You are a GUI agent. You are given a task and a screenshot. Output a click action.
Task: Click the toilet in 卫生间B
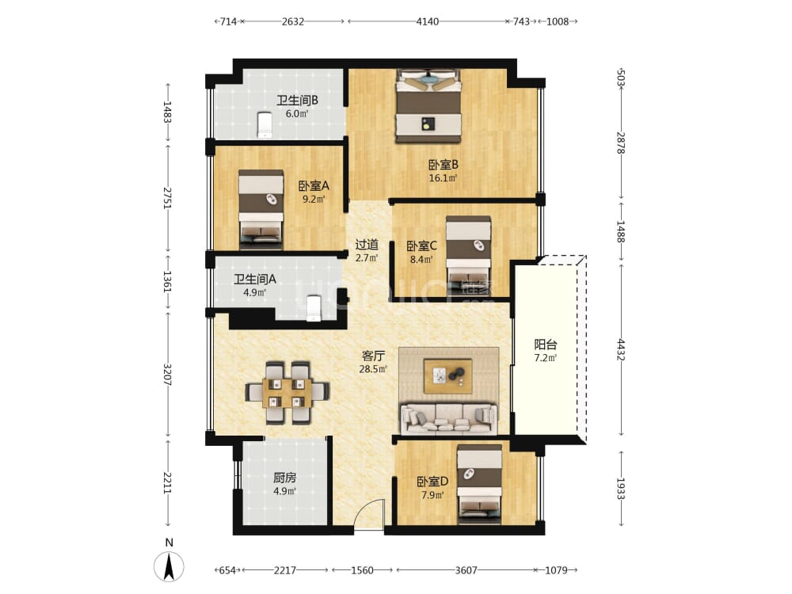coord(265,125)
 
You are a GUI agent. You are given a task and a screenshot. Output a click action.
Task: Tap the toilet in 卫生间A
coord(314,307)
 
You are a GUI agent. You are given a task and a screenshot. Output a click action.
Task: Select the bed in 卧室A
coord(261,210)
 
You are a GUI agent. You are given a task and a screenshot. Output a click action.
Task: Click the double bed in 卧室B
coord(428,106)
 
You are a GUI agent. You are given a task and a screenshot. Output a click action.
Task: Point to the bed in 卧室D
coord(479,484)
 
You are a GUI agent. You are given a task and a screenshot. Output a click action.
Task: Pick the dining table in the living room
coord(287,393)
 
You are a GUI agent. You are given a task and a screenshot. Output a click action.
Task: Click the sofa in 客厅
coord(448,419)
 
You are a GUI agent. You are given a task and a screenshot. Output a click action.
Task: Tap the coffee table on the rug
coord(448,376)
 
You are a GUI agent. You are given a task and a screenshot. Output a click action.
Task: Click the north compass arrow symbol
coord(169,566)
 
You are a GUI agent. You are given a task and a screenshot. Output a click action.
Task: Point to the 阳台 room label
coord(546,345)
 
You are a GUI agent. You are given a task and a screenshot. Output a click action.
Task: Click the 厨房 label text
coord(285,478)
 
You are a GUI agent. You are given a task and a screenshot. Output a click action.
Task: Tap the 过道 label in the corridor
coord(367,245)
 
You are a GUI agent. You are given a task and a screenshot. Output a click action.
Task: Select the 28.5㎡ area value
coord(373,369)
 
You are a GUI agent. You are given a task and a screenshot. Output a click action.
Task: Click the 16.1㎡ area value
coord(443,178)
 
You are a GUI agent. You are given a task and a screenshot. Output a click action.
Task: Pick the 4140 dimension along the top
coord(428,21)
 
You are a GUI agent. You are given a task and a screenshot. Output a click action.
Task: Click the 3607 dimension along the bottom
coord(466,570)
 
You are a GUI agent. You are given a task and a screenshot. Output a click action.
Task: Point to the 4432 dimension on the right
coord(621,349)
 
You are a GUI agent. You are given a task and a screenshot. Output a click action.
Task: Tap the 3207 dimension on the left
coord(168,375)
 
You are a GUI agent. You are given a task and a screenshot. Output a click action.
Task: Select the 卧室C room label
coord(422,246)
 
